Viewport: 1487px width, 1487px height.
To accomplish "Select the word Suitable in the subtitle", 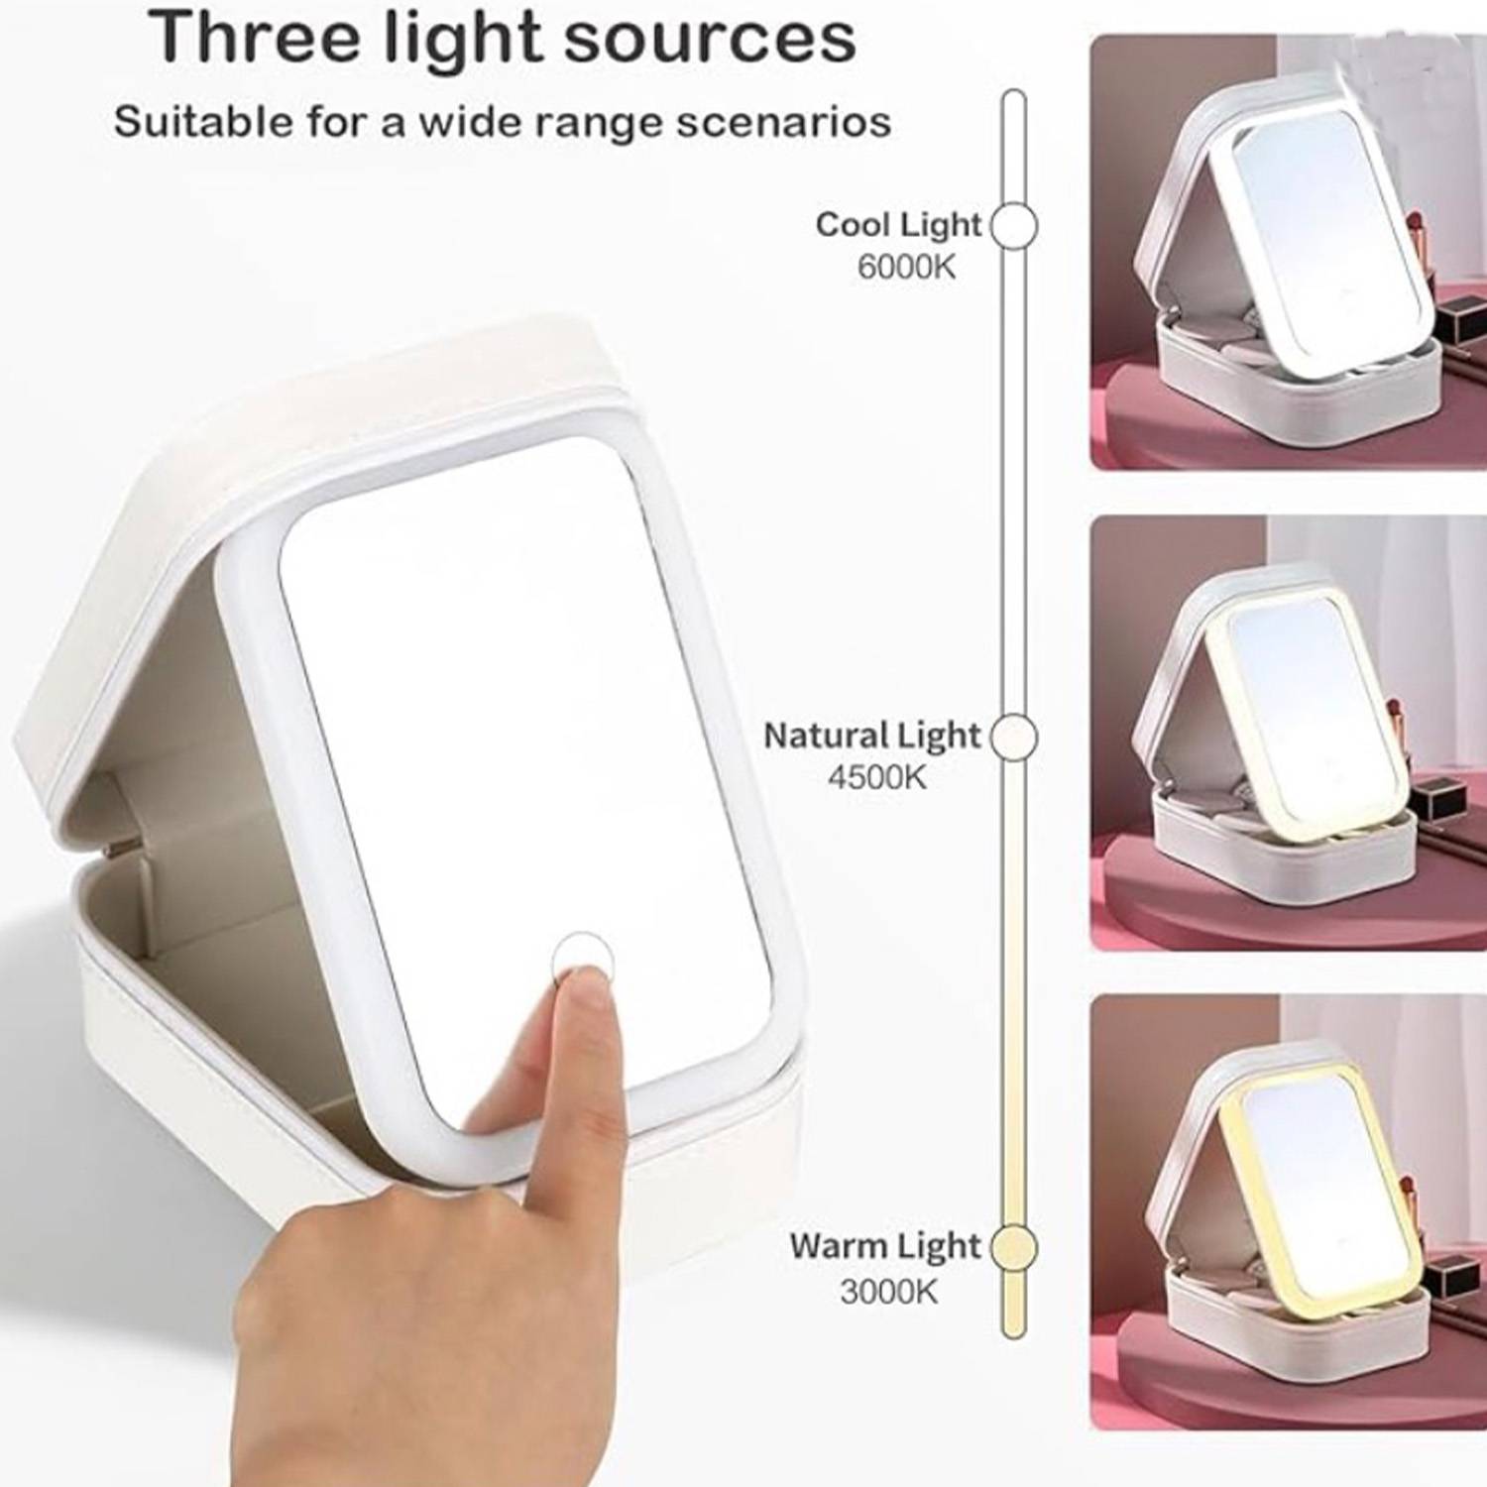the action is pos(188,123).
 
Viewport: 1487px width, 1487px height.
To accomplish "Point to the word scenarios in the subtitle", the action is pos(781,123).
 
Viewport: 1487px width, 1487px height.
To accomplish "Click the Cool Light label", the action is pos(898,224).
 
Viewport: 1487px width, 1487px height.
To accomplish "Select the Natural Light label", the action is pos(872,736).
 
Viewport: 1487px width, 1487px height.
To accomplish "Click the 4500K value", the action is pos(877,778).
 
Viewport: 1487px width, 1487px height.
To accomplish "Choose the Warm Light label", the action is pos(884,1246).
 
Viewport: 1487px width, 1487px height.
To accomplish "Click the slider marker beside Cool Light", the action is pos(1013,225).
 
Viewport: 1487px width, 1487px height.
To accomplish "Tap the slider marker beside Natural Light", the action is pos(1013,738).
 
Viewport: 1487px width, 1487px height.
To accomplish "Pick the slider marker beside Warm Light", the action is pos(1013,1247).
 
